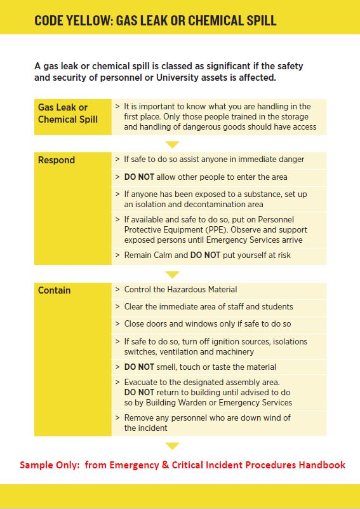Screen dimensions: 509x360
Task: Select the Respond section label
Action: pyautogui.click(x=57, y=160)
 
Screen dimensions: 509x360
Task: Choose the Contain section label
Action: pyautogui.click(x=55, y=290)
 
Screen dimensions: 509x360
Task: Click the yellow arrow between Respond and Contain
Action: pyautogui.click(x=172, y=275)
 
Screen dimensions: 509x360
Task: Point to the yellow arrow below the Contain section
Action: pyautogui.click(x=172, y=446)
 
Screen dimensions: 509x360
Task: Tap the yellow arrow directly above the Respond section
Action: pyautogui.click(x=172, y=144)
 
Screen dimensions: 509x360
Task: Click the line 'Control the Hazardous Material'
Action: pyautogui.click(x=180, y=289)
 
